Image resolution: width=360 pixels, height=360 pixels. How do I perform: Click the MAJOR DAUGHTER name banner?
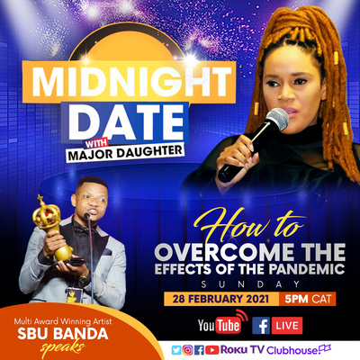124,153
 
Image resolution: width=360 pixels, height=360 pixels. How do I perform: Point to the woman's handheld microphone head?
276,120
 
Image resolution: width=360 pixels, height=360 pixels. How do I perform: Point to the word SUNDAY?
250,284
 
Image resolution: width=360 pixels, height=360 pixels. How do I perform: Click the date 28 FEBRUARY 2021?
220,299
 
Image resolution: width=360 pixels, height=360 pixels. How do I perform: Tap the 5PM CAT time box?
308,299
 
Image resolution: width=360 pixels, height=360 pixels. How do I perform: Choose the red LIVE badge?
287,326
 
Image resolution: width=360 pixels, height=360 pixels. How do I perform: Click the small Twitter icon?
176,350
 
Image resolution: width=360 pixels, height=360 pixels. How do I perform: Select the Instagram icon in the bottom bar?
188,350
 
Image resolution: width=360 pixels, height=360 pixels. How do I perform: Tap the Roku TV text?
242,350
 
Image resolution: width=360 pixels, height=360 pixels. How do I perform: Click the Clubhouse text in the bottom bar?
292,350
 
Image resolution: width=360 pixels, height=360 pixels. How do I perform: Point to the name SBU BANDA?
63,334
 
